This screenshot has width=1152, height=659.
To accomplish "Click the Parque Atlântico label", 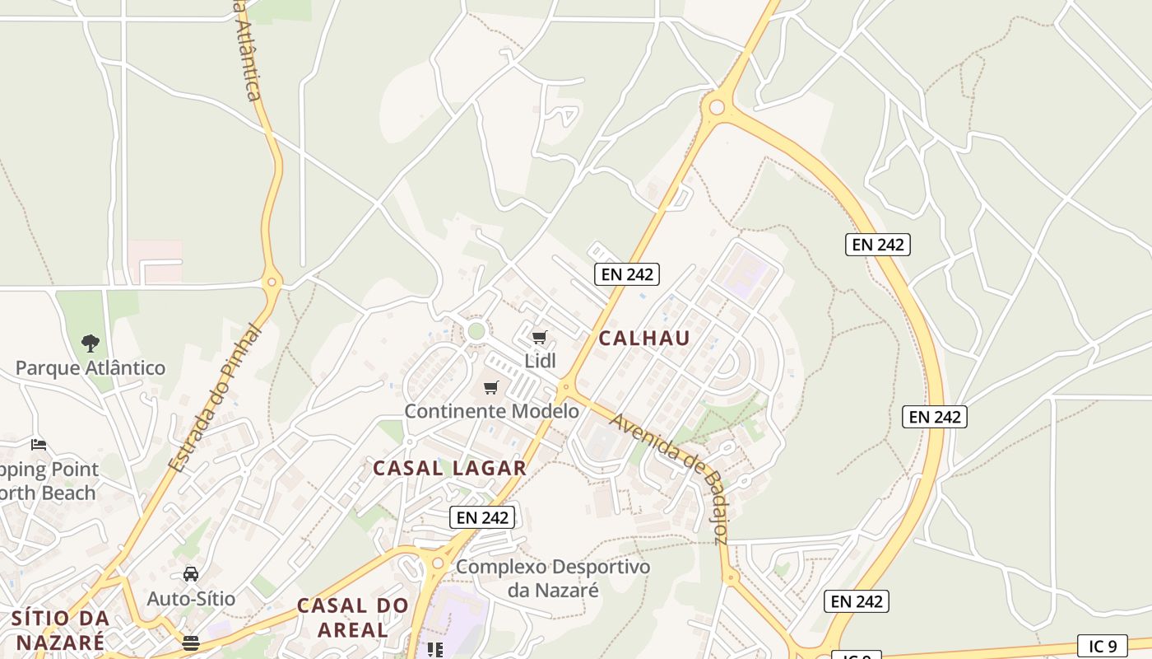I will click(91, 368).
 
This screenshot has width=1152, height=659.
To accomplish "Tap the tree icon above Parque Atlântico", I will click(91, 343).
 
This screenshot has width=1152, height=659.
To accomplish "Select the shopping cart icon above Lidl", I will click(540, 337).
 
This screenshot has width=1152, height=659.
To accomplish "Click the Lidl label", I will click(541, 361).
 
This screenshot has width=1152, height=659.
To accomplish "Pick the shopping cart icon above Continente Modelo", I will click(491, 387).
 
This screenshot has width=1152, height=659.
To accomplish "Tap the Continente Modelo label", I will click(492, 411).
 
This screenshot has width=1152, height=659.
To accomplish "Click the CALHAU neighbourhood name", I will click(644, 339).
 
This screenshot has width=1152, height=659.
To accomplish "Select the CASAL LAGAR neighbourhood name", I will click(449, 468).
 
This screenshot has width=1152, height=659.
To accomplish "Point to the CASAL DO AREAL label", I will click(353, 618).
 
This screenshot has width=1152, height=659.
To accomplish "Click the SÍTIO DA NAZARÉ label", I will click(61, 629).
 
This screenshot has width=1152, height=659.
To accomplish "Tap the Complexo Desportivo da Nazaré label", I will click(553, 578).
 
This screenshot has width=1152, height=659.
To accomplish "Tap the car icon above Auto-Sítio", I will click(191, 574).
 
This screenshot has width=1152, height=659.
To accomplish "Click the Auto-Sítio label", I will click(191, 599).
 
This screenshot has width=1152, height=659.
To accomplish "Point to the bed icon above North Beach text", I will click(39, 445).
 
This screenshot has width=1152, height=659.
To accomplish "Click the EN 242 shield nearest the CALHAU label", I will click(627, 274).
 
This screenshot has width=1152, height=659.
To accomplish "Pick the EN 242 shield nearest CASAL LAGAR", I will click(483, 517).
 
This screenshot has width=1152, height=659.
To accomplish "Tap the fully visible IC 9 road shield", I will click(1102, 647).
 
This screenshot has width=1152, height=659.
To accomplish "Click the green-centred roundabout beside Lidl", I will click(476, 331).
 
